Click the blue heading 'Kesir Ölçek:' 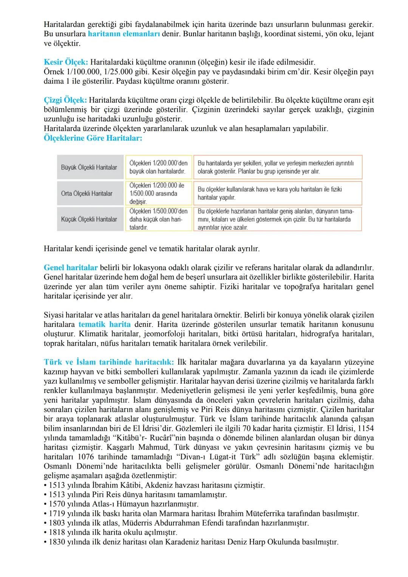pyautogui.click(x=65, y=62)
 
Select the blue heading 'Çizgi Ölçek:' pyautogui.click(x=65, y=100)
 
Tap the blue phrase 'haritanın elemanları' pyautogui.click(x=124, y=34)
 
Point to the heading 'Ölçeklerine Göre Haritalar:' pyautogui.click(x=93, y=138)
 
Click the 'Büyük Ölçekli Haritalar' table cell pyautogui.click(x=89, y=167)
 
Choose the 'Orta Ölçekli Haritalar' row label pyautogui.click(x=87, y=193)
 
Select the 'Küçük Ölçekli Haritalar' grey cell pyautogui.click(x=89, y=219)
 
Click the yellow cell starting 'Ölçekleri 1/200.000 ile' pyautogui.click(x=158, y=193)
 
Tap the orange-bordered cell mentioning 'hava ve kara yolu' pyautogui.click(x=277, y=193)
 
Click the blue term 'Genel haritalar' pyautogui.click(x=71, y=268)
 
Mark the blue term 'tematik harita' pyautogui.click(x=105, y=324)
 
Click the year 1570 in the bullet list pyautogui.click(x=57, y=504)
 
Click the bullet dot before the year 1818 pyautogui.click(x=45, y=532)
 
